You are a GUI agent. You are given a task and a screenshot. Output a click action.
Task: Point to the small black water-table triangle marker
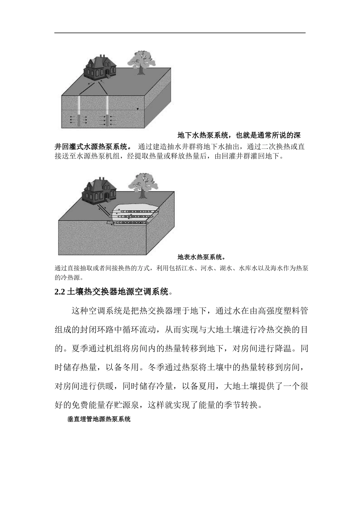[138, 109]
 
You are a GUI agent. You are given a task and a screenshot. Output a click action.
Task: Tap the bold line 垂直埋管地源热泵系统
[99, 419]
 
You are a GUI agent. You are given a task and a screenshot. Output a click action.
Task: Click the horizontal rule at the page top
[180, 33]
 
